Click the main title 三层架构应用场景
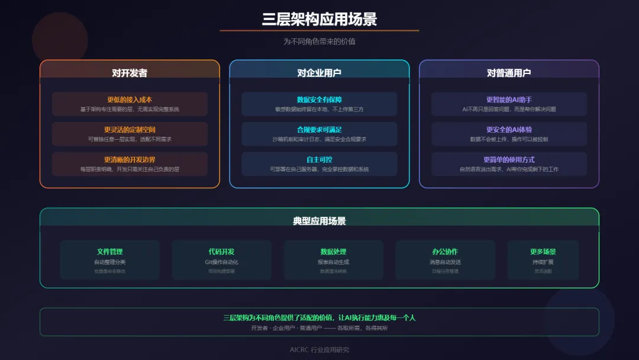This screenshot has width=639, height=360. pyautogui.click(x=319, y=19)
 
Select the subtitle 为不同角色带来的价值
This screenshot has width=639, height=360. pyautogui.click(x=319, y=42)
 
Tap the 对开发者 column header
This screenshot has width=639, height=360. pyautogui.click(x=130, y=73)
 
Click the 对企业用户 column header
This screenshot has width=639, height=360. pyautogui.click(x=319, y=73)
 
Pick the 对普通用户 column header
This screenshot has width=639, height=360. pyautogui.click(x=509, y=73)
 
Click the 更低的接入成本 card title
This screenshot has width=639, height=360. pyautogui.click(x=130, y=99)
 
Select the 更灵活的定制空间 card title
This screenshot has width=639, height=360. pyautogui.click(x=130, y=130)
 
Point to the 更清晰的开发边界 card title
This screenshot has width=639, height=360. pyautogui.click(x=130, y=160)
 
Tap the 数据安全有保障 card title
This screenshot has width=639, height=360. pyautogui.click(x=319, y=99)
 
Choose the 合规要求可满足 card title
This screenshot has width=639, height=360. pyautogui.click(x=319, y=130)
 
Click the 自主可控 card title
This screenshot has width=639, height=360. pyautogui.click(x=319, y=160)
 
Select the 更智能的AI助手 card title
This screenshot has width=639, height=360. pyautogui.click(x=509, y=99)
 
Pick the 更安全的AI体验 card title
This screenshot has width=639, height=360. pyautogui.click(x=509, y=130)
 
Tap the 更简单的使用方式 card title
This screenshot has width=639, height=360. pyautogui.click(x=509, y=160)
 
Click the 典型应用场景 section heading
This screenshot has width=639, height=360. pyautogui.click(x=319, y=221)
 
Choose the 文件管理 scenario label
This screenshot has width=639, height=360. pyautogui.click(x=110, y=252)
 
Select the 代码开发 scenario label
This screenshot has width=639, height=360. pyautogui.click(x=221, y=252)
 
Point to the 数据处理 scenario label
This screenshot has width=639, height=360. pyautogui.click(x=334, y=252)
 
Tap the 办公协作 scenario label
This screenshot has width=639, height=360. pyautogui.click(x=445, y=252)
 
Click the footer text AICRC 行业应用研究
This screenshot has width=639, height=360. pyautogui.click(x=319, y=350)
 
